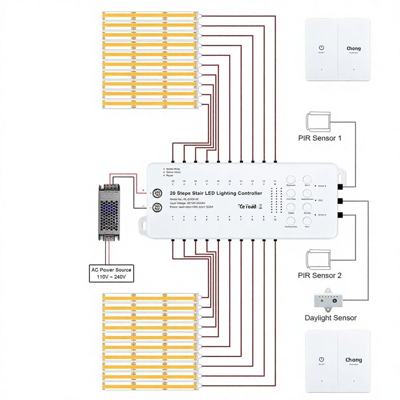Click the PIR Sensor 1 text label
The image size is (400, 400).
320,138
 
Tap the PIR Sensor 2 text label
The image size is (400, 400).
320,275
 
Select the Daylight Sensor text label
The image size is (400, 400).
330,318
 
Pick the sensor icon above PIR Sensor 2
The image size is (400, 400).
318,260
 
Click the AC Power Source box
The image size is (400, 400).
111,273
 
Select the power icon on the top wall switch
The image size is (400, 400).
322,48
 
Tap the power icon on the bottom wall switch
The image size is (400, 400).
322,359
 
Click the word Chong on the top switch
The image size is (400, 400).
353,48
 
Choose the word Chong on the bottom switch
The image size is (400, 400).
353,360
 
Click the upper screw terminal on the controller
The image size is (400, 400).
157,193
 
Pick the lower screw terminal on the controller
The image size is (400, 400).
157,207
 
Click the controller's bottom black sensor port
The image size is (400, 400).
340,215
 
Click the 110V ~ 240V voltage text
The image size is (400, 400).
111,277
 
